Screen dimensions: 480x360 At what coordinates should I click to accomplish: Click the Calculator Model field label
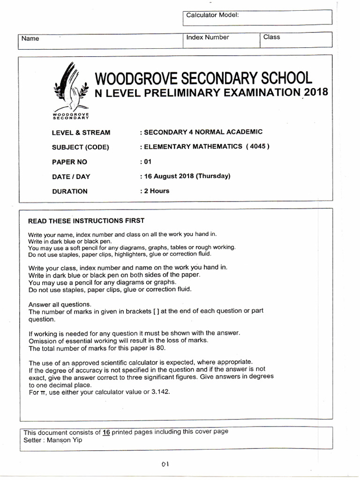coord(212,15)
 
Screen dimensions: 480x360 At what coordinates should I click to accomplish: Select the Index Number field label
coord(208,37)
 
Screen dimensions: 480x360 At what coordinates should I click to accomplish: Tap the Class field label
coord(271,37)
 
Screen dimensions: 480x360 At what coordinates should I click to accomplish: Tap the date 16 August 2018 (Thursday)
coord(185,176)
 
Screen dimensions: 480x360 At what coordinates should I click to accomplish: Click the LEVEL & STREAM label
coord(81,133)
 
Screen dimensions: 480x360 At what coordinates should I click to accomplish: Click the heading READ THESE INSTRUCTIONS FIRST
coord(86,221)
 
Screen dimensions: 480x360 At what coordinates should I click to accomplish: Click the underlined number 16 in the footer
coord(106,432)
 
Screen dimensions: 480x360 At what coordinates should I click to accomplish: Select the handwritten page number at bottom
coord(165,464)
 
